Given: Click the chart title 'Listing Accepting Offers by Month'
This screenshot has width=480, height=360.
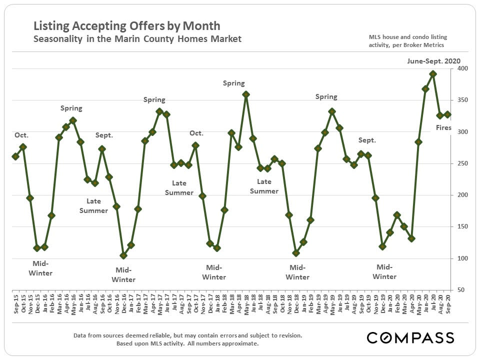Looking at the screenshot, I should coord(126,26).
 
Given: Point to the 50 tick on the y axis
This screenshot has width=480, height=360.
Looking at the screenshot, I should coord(459,290).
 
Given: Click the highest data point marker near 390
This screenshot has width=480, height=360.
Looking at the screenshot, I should coord(433,74).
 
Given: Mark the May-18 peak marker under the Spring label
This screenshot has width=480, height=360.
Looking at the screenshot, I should coord(246,94).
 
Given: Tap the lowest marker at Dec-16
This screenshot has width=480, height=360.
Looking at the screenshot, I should coord(123,255).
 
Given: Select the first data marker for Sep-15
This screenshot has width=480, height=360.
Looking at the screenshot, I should coord(15,156).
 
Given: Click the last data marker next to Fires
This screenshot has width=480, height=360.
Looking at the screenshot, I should coord(447,114).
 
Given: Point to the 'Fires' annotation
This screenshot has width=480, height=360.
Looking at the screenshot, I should coord(443,128).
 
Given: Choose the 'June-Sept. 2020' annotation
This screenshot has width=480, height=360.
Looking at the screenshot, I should coord(433,60).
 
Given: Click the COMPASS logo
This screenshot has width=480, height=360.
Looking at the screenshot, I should coord(410,337).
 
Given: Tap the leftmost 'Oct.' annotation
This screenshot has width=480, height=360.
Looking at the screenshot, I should coord(22,135).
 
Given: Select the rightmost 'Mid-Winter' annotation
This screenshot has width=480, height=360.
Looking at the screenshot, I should coord(384,271).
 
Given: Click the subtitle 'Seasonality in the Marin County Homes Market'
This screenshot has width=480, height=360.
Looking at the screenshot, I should coord(137,39).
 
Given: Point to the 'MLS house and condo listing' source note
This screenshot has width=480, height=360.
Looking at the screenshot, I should coord(408,37).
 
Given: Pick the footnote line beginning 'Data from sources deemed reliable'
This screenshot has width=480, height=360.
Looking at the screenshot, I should coord(187,335).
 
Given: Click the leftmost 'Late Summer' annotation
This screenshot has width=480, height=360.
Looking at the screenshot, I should coord(93,205).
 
